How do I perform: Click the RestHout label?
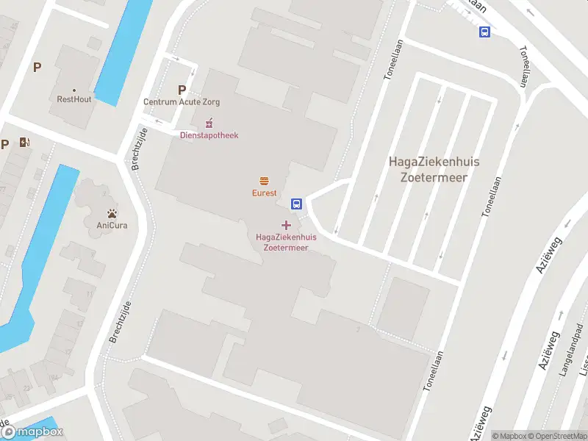[74, 98]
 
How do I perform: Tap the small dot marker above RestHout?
[74, 90]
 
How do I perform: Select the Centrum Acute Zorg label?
[182, 102]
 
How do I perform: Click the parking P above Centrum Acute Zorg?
[182, 90]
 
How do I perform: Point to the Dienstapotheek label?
[209, 135]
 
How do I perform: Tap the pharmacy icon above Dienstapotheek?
[209, 123]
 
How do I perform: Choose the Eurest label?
[264, 193]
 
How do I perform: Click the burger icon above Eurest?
[264, 181]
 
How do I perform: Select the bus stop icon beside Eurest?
[297, 204]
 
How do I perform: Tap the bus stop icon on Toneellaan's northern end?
[484, 32]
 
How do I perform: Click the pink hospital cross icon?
[286, 224]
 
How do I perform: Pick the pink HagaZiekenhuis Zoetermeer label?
[286, 243]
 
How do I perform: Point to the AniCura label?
[112, 225]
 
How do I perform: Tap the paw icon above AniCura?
[112, 212]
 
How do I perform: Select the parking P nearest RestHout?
[37, 67]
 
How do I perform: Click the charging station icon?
[25, 143]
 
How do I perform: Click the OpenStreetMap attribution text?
[556, 436]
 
